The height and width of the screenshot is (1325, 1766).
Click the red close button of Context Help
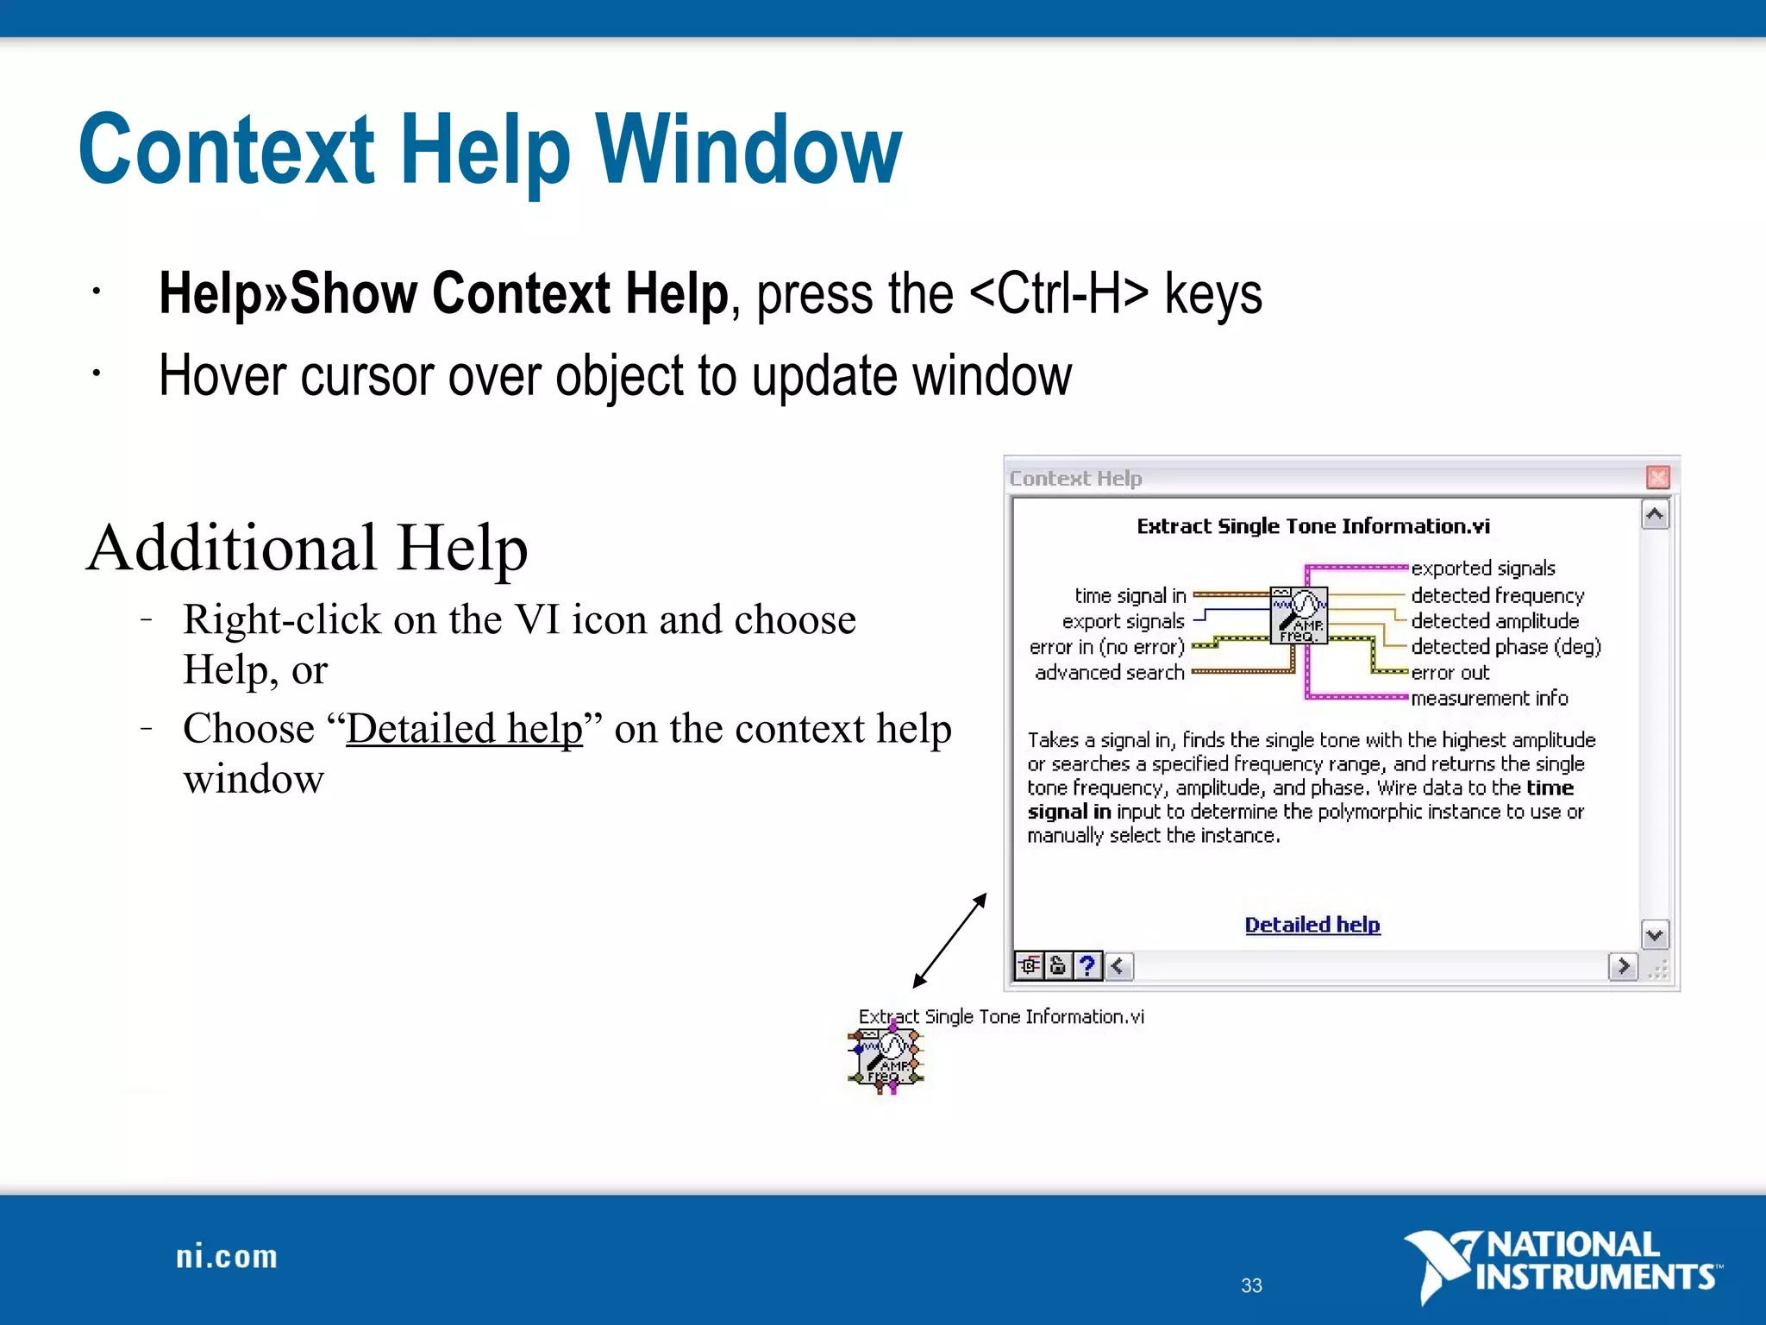1657,477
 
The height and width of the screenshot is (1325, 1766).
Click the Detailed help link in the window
1312,925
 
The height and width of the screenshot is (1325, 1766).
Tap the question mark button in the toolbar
1087,965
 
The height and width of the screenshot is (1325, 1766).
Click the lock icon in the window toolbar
1058,965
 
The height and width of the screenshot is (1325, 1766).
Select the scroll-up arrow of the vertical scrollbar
1654,515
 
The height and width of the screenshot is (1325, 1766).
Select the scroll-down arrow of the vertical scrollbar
1654,934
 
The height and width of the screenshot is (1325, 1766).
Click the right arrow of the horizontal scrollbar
1623,965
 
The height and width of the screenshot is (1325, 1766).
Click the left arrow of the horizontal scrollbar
1118,965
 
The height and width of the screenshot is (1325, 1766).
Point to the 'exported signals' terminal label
1482,568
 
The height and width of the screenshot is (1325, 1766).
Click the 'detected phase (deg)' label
1506,646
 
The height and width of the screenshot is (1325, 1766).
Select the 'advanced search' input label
1109,672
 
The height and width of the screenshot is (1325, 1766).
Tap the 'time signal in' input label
1130,595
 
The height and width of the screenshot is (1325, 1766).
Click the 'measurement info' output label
1489,698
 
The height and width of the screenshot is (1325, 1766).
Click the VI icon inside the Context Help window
1299,615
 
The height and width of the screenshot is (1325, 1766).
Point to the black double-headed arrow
949,941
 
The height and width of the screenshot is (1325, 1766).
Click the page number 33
1251,1285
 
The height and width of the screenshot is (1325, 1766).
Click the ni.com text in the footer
227,1257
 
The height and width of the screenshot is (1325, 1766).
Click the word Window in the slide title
748,150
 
